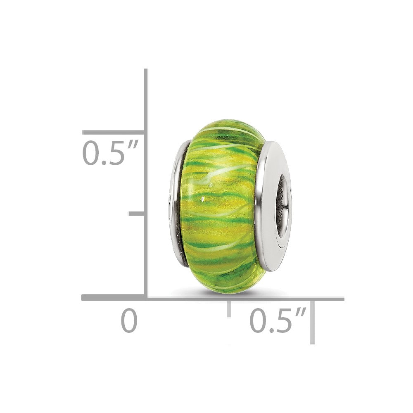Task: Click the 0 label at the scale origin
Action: [x=129, y=321]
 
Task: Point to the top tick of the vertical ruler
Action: [x=114, y=133]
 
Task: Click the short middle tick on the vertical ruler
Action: [x=137, y=214]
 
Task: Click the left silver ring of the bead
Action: [x=178, y=202]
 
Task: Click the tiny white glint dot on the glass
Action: [x=203, y=200]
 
